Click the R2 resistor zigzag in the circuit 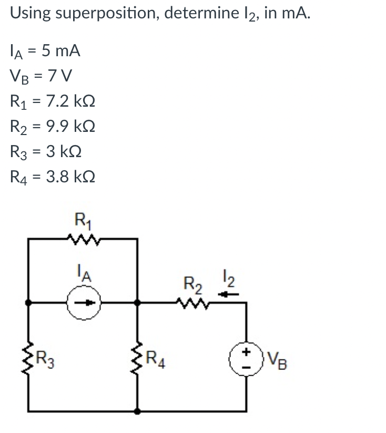[x=194, y=303]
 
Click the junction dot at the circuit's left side [x=30, y=303]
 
